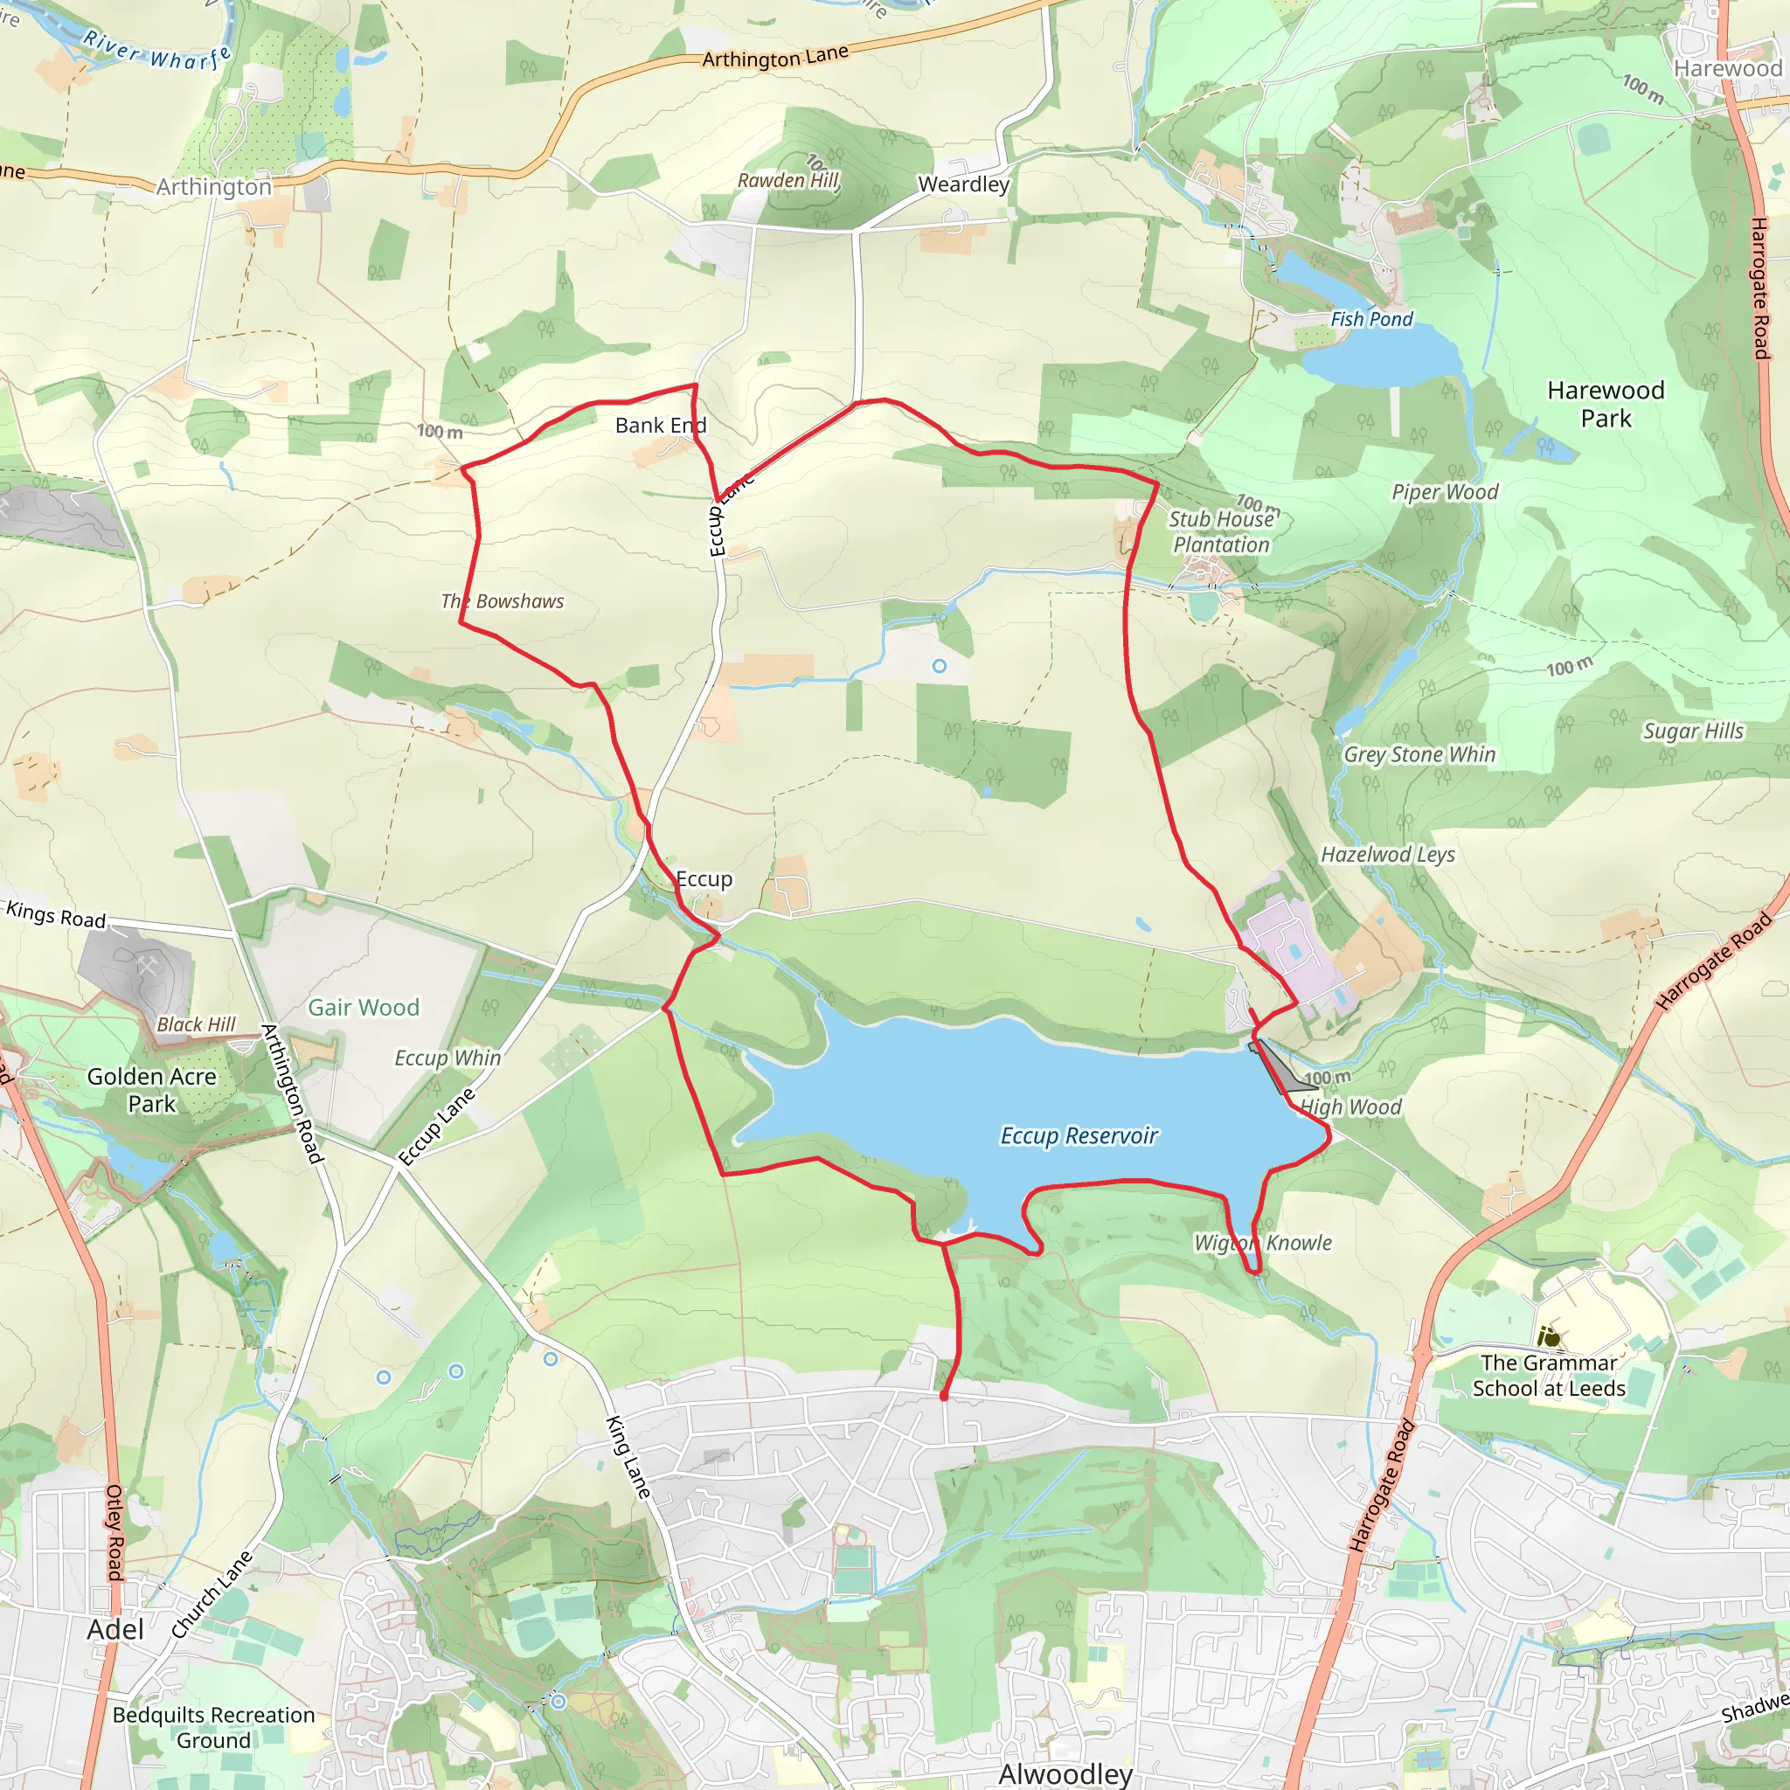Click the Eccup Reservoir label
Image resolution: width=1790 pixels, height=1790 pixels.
click(x=1079, y=1136)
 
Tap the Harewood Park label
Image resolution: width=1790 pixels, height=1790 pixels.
click(x=1606, y=404)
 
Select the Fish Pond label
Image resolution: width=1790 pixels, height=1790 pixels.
click(x=1371, y=320)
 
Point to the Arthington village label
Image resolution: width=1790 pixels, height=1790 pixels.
click(x=214, y=187)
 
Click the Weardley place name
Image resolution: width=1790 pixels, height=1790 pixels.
click(x=963, y=184)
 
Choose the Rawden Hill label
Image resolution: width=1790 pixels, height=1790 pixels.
click(x=787, y=181)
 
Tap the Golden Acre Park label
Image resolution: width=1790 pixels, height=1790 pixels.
click(x=152, y=1090)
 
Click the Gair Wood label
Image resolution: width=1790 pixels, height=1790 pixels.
click(x=364, y=1007)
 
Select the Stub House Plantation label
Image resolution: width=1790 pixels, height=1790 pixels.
click(x=1221, y=531)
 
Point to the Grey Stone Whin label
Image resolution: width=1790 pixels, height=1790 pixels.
click(x=1419, y=755)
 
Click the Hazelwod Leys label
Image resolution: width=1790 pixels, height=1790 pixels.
click(x=1387, y=854)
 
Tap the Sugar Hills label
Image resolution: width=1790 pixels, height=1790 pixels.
click(x=1693, y=731)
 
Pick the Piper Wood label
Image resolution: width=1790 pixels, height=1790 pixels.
click(x=1445, y=492)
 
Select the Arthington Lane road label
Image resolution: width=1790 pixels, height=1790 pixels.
click(x=774, y=58)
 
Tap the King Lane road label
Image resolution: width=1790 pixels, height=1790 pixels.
click(x=628, y=1456)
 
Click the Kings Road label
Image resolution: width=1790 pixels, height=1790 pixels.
click(x=56, y=914)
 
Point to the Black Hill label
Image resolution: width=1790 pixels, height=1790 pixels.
click(x=196, y=1024)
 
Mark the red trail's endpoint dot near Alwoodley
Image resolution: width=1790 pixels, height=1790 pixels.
click(x=944, y=1395)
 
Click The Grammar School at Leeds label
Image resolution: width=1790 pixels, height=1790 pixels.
click(x=1548, y=1375)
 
